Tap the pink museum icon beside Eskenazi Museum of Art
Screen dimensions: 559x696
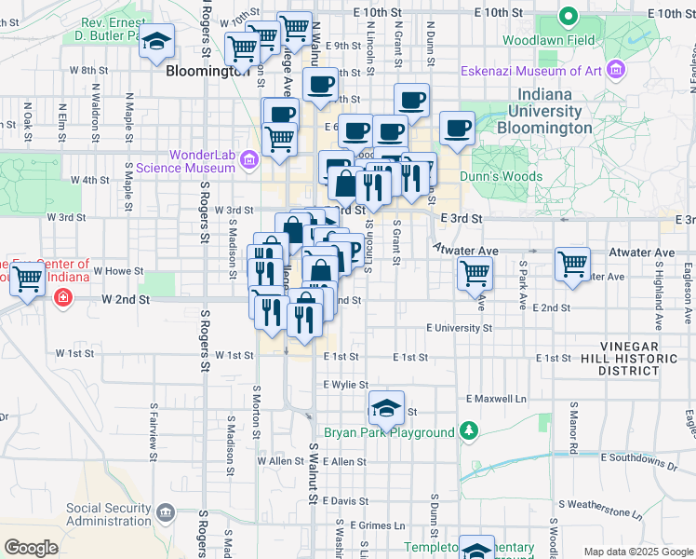[614, 69]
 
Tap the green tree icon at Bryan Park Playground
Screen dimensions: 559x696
[469, 431]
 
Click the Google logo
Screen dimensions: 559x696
[32, 548]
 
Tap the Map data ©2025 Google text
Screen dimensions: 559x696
[637, 552]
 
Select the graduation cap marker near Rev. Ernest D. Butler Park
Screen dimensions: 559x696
[157, 41]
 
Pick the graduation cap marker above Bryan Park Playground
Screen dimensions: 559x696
[386, 407]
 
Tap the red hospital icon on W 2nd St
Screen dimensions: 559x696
[61, 298]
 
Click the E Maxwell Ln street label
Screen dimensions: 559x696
[496, 399]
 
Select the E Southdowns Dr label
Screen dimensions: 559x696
[639, 458]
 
